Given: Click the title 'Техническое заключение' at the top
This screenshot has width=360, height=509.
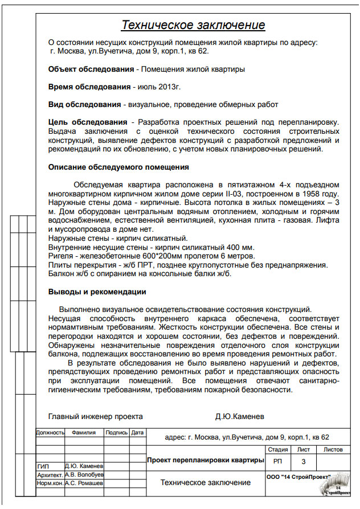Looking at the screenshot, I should [x=194, y=25].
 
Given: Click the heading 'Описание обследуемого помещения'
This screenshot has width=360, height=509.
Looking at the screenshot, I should [x=118, y=167].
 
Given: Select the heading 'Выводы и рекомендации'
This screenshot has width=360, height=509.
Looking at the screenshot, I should [x=97, y=292].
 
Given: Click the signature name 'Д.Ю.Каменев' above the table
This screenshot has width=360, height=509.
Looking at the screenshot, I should [x=239, y=416].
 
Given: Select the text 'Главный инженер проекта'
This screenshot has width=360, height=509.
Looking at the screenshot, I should [x=95, y=416].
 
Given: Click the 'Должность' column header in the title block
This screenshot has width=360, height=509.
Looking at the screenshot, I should [x=51, y=433].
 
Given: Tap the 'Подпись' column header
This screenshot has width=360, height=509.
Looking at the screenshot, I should [x=116, y=433].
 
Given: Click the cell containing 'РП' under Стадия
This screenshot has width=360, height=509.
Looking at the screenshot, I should [x=277, y=461].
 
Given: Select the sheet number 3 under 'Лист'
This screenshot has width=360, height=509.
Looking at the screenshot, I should [x=304, y=461].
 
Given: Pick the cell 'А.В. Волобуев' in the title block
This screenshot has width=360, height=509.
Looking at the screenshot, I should [x=84, y=474].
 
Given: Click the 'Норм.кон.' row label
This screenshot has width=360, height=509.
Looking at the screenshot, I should [x=50, y=483].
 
